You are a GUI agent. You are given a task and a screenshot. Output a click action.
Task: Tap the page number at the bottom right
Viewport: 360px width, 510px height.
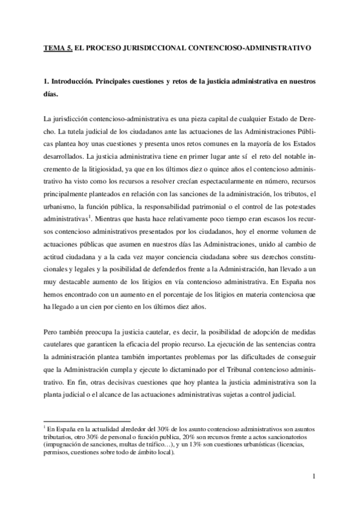click(x=314, y=477)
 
